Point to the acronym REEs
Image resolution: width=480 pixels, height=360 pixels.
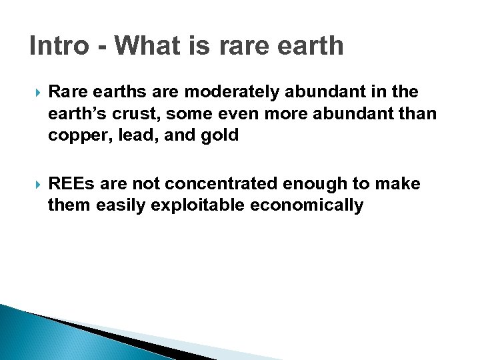73,183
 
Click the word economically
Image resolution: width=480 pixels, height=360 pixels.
307,205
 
